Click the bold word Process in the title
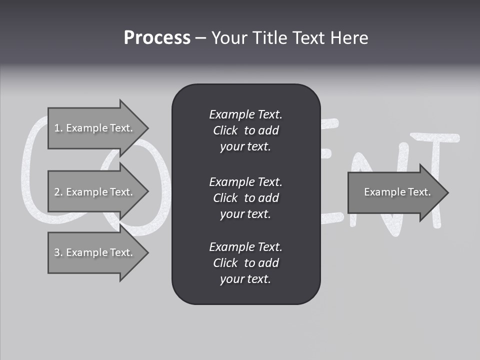point(157,38)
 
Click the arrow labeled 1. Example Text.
point(95,128)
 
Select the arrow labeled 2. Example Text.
point(95,192)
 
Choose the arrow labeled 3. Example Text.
point(95,252)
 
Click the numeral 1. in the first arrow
point(58,128)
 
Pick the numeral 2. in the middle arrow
point(58,192)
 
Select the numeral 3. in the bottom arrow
point(58,252)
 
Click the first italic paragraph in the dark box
point(245,130)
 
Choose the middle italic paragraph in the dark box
point(245,198)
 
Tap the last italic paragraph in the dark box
point(245,263)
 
